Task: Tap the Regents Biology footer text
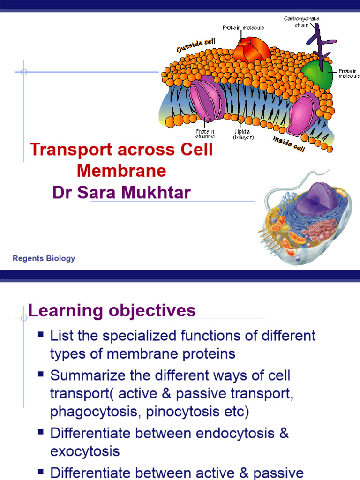pos(44,258)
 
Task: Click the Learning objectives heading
pos(112,311)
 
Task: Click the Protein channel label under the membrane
pos(205,134)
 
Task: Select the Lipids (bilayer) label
pos(243,134)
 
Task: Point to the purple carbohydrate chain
pos(322,42)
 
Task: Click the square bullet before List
pos(41,335)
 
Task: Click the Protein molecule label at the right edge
pos(349,74)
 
